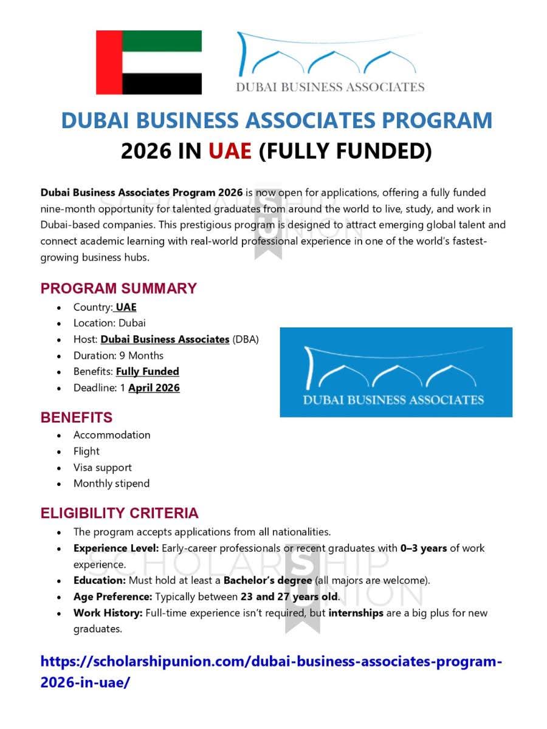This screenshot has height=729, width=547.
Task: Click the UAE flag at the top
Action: (x=149, y=62)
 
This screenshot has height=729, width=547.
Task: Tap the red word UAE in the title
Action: (x=230, y=150)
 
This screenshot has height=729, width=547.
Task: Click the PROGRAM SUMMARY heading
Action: (x=119, y=288)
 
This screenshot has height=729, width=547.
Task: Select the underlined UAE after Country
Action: (x=126, y=307)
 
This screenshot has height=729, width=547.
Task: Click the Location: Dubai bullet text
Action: (x=109, y=323)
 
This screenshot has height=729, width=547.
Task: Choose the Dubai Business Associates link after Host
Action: (x=165, y=339)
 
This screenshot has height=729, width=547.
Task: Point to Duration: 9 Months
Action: (x=119, y=355)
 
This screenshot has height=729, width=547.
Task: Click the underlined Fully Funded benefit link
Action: (x=148, y=371)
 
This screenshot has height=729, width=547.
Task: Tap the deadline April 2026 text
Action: (x=154, y=388)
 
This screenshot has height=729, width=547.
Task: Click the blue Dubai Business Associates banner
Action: (x=396, y=372)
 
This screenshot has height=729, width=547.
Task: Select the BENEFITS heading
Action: (x=77, y=418)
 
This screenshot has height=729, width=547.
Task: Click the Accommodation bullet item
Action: (x=112, y=435)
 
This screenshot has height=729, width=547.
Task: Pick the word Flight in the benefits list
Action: (x=86, y=451)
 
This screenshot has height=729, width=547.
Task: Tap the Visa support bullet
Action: (x=102, y=467)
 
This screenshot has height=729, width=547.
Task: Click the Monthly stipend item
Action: (x=111, y=484)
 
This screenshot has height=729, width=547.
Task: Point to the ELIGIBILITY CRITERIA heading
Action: (x=119, y=513)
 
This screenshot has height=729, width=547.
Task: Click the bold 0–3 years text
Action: (x=424, y=548)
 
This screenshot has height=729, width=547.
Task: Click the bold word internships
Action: (x=356, y=613)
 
